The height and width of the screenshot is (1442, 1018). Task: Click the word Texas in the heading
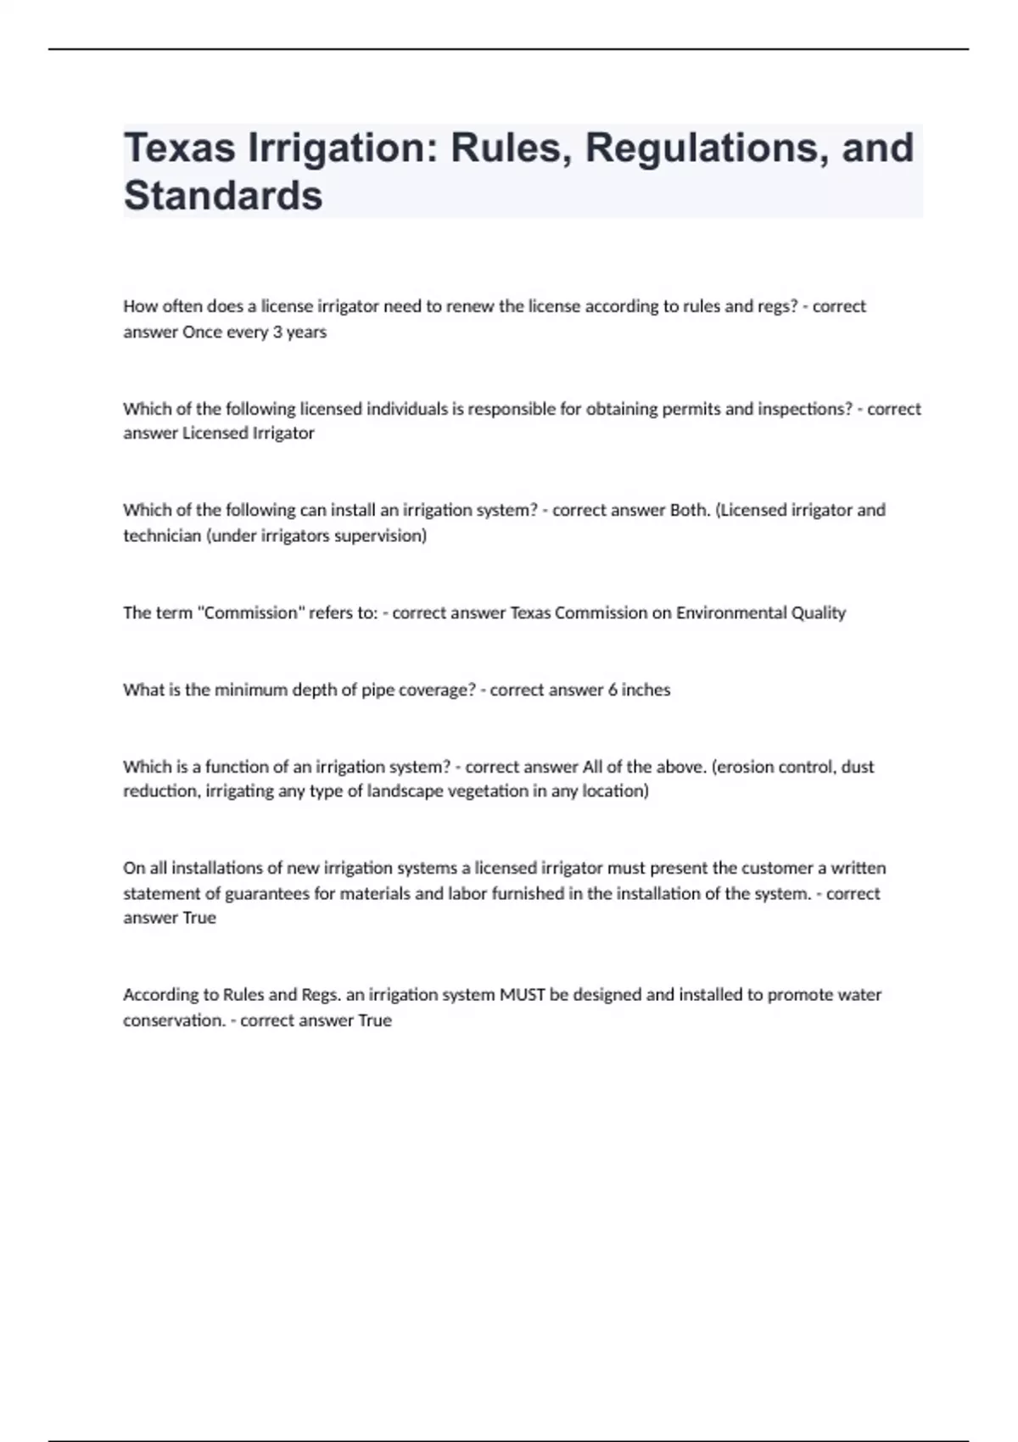[179, 148]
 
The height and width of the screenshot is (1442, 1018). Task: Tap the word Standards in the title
[223, 196]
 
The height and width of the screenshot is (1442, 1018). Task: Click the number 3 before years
[277, 332]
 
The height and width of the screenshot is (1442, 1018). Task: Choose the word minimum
[250, 690]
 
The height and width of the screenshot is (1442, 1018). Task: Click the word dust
[858, 767]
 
